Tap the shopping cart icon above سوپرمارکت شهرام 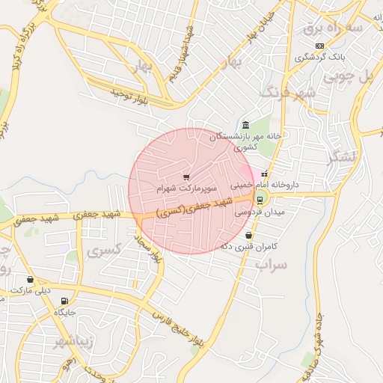click(186, 177)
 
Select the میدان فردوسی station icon click(260, 199)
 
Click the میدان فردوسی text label click(254, 212)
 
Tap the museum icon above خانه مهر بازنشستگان click(245, 124)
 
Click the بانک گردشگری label click(313, 57)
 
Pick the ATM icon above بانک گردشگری click(320, 46)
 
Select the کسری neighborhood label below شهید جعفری click(102, 251)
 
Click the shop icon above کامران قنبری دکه click(248, 235)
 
